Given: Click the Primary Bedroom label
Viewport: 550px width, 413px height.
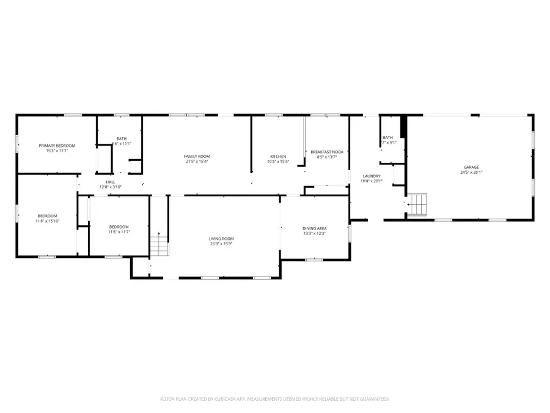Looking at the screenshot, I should click(x=57, y=145).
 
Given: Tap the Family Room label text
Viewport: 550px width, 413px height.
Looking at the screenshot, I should click(x=197, y=157).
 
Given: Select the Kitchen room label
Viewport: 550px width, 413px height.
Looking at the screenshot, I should click(x=278, y=157).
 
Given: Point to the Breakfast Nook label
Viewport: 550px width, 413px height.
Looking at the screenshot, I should click(x=327, y=152).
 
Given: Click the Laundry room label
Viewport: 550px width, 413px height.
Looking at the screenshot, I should click(x=372, y=176).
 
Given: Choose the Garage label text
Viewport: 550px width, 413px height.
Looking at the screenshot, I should click(x=471, y=167).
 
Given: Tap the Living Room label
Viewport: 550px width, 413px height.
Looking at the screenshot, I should click(x=223, y=239).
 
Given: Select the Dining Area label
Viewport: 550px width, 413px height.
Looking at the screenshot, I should click(x=315, y=228).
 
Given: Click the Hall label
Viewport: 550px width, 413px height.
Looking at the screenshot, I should click(x=111, y=182).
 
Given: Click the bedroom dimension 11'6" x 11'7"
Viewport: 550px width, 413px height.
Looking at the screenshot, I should click(x=119, y=231).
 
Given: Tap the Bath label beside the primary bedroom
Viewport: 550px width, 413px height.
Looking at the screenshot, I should click(x=122, y=138).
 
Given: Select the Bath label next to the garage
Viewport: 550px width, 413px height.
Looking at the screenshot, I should click(x=387, y=138).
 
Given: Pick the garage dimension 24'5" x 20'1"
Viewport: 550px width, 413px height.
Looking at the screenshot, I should click(x=471, y=172).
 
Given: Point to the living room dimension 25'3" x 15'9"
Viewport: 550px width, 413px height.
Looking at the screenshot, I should click(x=223, y=244).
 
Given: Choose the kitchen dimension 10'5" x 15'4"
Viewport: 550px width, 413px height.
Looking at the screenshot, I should click(x=278, y=162).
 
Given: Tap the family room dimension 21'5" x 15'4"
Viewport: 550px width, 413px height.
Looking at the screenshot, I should click(x=197, y=162).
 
